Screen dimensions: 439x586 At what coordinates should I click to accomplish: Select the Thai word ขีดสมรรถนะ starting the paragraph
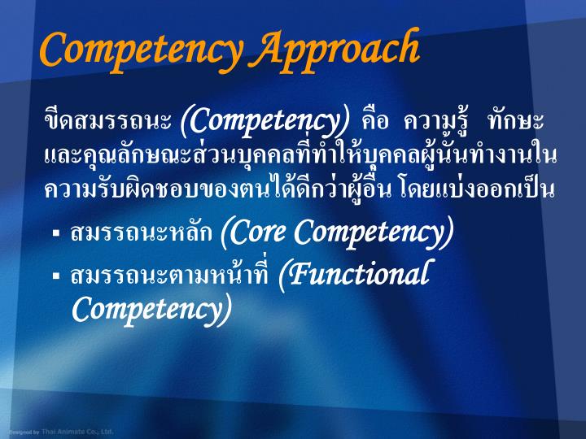(108, 123)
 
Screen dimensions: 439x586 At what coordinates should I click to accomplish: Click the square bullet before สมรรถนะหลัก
(57, 235)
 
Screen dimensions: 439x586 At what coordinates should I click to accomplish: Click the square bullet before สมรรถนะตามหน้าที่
(57, 276)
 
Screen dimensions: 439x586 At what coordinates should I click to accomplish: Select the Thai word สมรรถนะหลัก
(142, 235)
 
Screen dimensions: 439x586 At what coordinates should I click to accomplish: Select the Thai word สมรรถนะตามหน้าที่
(171, 276)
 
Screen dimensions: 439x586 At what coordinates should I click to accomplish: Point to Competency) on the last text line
(151, 310)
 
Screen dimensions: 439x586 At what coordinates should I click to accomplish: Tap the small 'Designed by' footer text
(24, 432)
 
